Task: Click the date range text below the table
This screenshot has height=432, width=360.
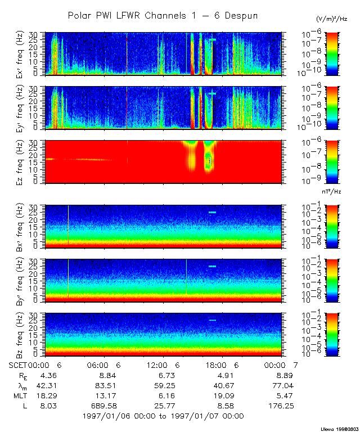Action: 163,416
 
